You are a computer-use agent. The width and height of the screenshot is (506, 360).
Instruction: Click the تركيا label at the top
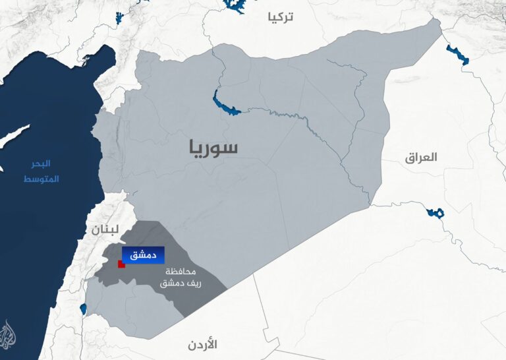pos(280,17)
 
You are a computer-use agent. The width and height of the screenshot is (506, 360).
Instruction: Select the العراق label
pos(422,157)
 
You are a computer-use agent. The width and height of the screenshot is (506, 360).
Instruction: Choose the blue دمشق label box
pos(142,255)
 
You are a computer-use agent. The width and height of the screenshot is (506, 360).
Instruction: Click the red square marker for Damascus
pos(121,264)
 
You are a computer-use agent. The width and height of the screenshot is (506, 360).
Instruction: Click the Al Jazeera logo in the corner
pos(9,335)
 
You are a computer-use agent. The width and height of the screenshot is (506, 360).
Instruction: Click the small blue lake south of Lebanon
pos(83,309)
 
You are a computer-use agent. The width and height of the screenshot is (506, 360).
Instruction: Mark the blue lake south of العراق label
pos(435,213)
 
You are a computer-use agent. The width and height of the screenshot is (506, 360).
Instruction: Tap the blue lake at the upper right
pos(457,55)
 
